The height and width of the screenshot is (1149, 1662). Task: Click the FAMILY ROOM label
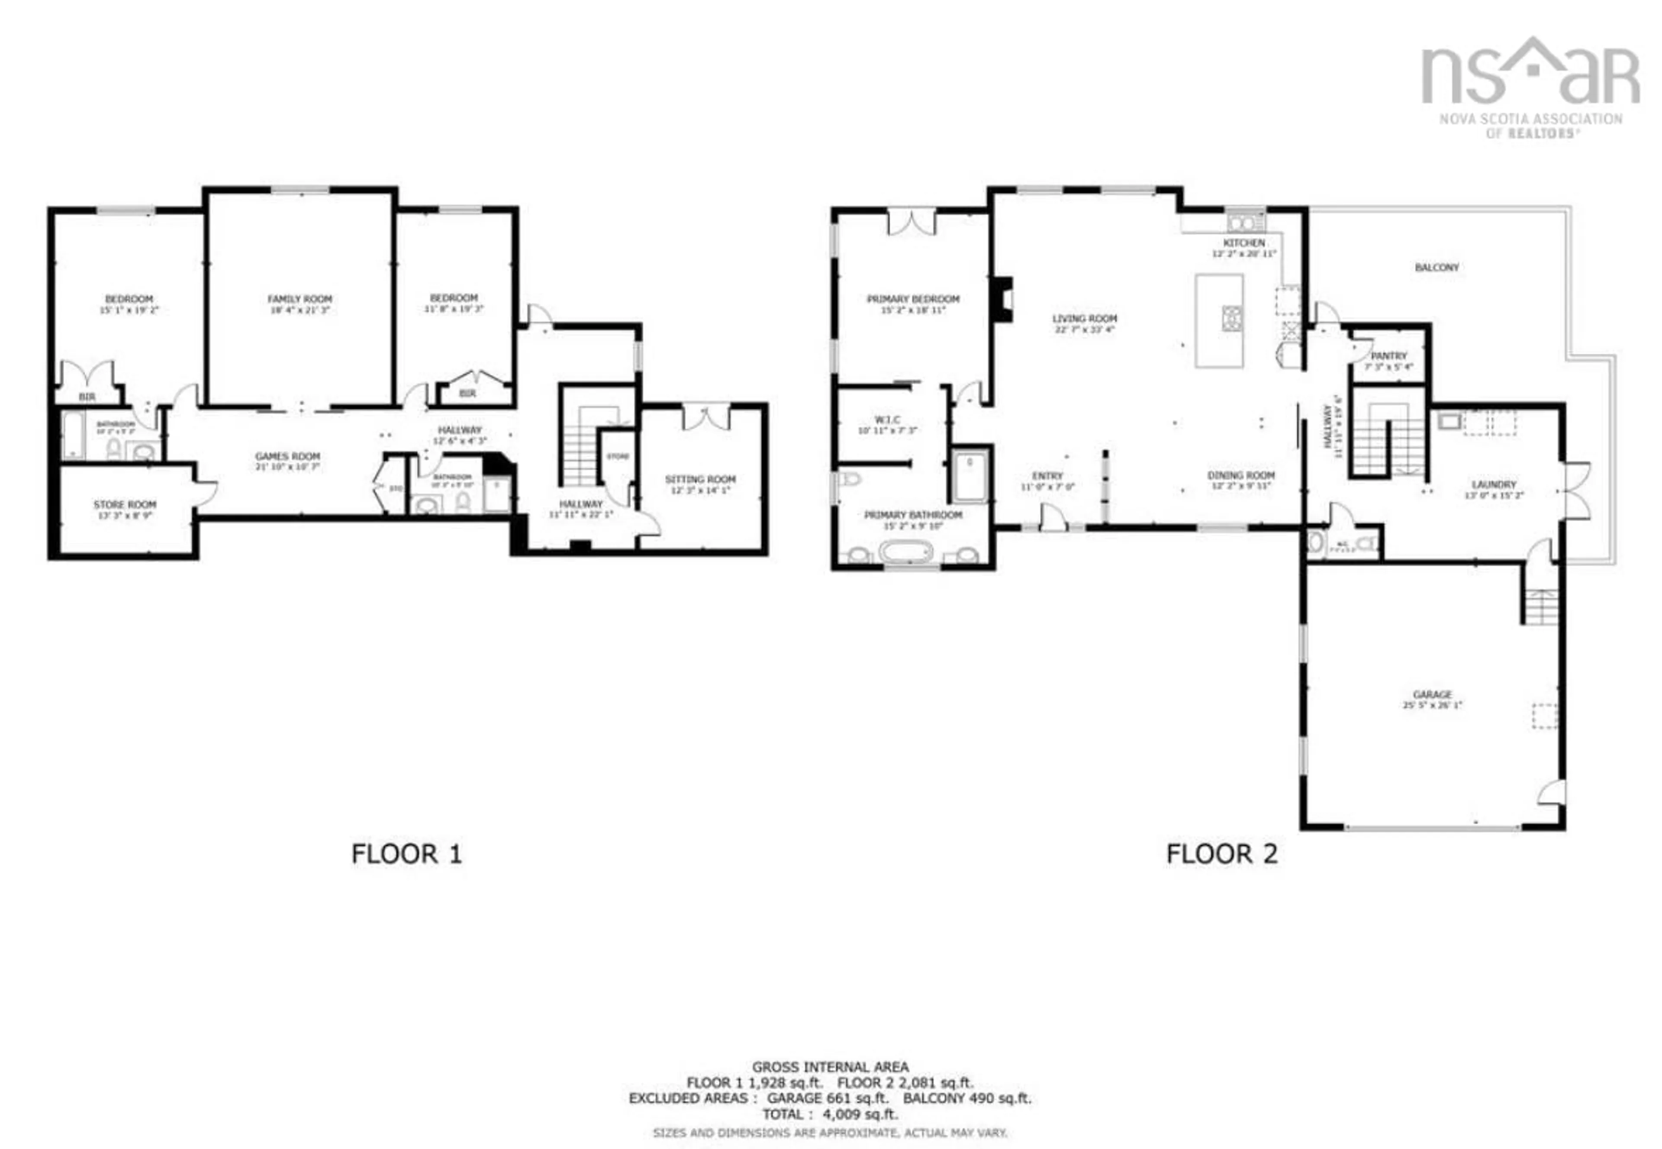300,299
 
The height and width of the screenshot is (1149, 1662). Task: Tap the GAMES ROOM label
287,456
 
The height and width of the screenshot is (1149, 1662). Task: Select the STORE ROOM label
125,505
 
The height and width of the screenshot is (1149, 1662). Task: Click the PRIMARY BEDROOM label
913,299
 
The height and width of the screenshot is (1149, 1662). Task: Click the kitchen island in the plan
1219,320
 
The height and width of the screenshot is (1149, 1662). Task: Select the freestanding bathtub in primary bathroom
905,553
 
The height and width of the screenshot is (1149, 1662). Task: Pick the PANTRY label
1388,355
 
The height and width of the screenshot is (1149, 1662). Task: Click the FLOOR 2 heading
1221,854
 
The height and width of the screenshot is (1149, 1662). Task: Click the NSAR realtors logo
1530,87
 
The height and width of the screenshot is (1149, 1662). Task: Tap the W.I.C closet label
887,420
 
